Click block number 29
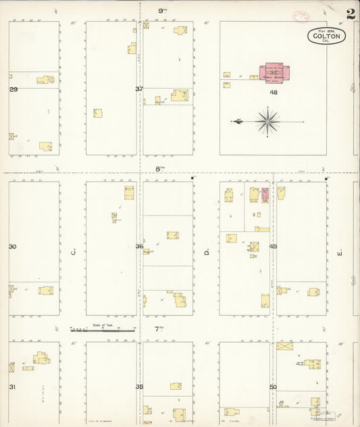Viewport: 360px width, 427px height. click(x=13, y=89)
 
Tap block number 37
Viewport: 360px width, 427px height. click(x=139, y=89)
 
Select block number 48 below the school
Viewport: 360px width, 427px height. click(x=274, y=92)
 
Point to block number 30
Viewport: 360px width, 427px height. click(x=12, y=247)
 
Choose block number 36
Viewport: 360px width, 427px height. click(x=139, y=247)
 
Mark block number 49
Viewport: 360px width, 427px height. click(x=273, y=247)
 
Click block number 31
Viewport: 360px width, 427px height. click(x=12, y=387)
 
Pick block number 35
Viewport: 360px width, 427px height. click(x=139, y=387)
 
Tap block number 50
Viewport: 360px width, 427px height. click(x=273, y=387)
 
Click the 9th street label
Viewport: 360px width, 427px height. click(x=162, y=11)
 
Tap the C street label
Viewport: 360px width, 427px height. click(x=72, y=253)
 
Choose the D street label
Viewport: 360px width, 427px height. click(x=206, y=253)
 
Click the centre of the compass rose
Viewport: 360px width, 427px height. click(x=268, y=122)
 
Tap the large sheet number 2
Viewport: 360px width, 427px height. click(x=351, y=14)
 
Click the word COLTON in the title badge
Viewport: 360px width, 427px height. click(x=327, y=35)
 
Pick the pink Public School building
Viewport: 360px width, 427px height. click(x=274, y=72)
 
